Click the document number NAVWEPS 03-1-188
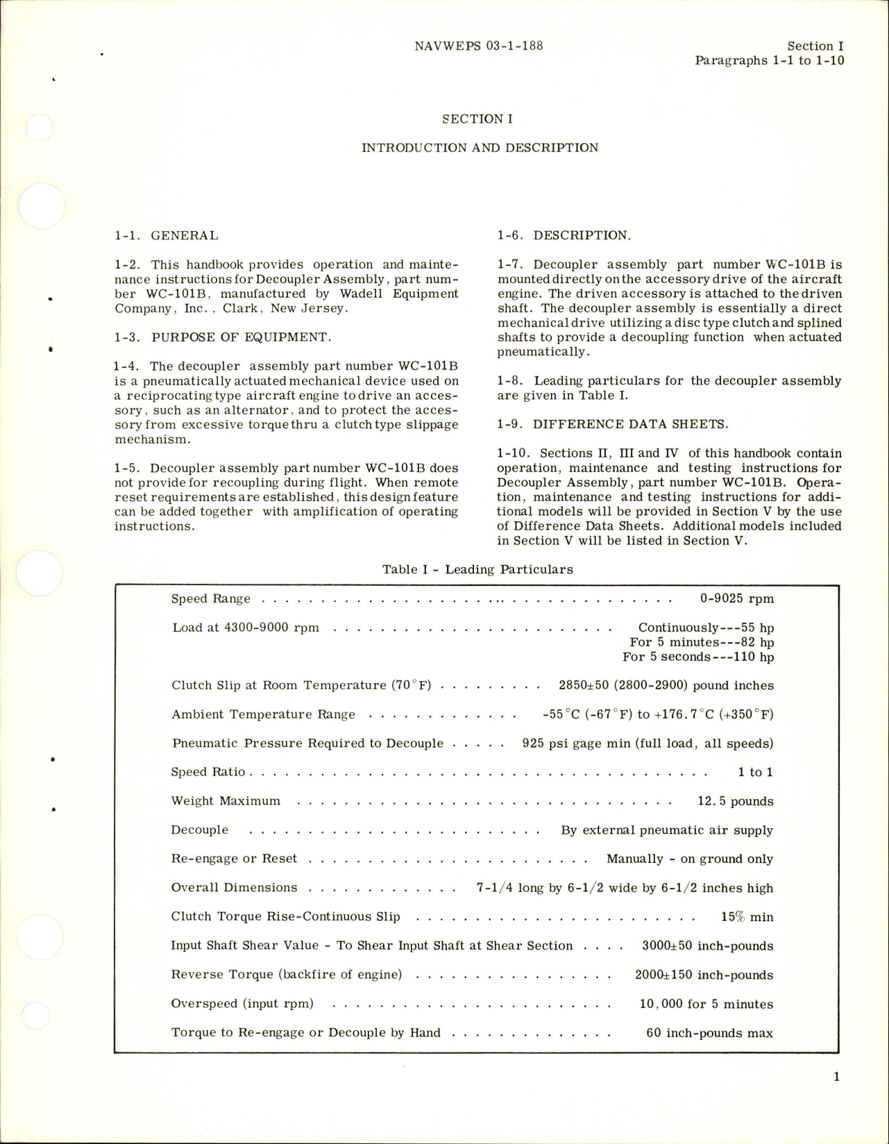[478, 47]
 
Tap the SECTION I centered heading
[478, 119]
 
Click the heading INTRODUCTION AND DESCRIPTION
[480, 148]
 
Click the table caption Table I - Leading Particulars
[477, 570]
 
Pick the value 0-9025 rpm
[737, 598]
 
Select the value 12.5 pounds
[735, 801]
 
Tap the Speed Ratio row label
[208, 772]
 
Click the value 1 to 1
[756, 772]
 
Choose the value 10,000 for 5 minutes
[706, 1004]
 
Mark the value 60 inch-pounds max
[709, 1033]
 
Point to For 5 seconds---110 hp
[697, 657]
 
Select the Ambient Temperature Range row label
[264, 714]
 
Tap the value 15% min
[747, 917]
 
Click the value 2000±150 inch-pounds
[704, 975]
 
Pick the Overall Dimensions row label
[234, 888]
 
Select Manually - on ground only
[689, 859]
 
